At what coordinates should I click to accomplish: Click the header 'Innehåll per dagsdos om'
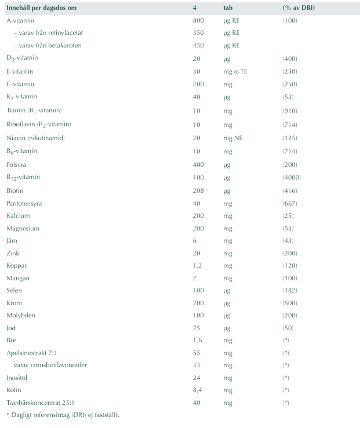(x=41, y=8)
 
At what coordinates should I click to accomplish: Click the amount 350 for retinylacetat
(x=198, y=32)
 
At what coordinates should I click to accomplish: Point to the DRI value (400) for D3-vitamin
(x=290, y=58)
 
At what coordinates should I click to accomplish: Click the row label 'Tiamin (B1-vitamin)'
(x=34, y=110)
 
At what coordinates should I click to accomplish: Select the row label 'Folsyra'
(x=17, y=164)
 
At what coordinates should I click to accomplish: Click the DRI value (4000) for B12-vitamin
(x=292, y=177)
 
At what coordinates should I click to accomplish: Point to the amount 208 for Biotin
(x=198, y=190)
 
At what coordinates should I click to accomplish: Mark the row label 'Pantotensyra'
(x=24, y=203)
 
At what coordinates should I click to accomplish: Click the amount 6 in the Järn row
(x=195, y=241)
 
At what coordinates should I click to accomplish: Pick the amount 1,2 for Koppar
(x=197, y=265)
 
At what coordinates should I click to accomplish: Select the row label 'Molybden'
(x=20, y=314)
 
